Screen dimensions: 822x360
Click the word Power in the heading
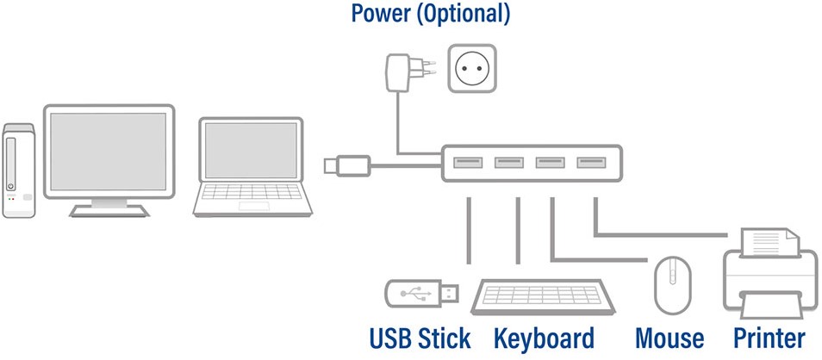click(x=380, y=13)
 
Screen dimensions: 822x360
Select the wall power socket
click(x=472, y=69)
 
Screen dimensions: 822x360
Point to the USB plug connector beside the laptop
click(x=347, y=165)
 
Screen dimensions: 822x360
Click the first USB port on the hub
click(x=468, y=163)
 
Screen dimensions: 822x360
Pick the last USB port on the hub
click(x=591, y=163)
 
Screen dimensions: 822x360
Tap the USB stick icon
click(x=422, y=294)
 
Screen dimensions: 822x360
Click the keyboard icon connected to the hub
click(x=543, y=296)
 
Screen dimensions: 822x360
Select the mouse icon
click(x=673, y=285)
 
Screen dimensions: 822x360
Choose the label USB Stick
click(x=420, y=338)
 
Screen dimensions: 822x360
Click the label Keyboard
click(x=545, y=339)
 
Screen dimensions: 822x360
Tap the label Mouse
click(x=669, y=338)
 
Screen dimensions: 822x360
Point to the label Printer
click(x=769, y=338)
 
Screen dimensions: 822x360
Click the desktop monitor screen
click(x=109, y=152)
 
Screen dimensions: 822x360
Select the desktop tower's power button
click(x=10, y=187)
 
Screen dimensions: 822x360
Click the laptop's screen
click(x=251, y=151)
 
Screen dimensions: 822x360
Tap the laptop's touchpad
click(x=253, y=206)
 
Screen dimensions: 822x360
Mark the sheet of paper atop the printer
click(x=770, y=241)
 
